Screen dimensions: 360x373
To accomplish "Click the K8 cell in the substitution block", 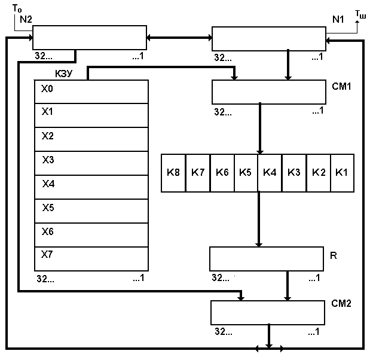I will pyautogui.click(x=173, y=173).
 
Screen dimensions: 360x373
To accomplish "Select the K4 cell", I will pyautogui.click(x=270, y=173).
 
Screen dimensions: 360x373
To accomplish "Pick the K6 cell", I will pyautogui.click(x=222, y=173).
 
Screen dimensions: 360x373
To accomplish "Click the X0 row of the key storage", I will pyautogui.click(x=91, y=91).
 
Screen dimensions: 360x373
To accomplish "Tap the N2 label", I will pyautogui.click(x=26, y=19).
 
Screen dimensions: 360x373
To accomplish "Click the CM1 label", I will pyautogui.click(x=341, y=86).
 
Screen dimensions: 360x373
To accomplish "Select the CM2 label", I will pyautogui.click(x=341, y=303).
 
